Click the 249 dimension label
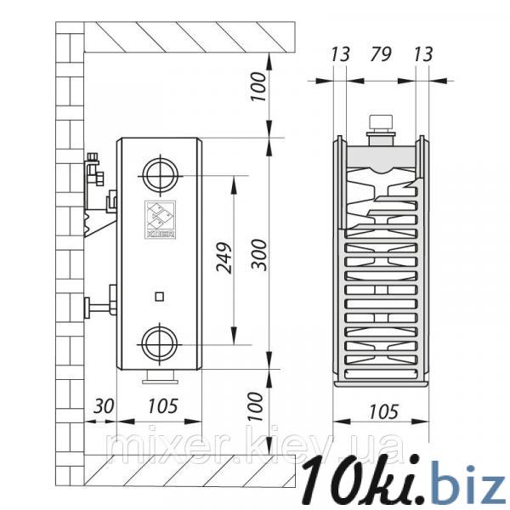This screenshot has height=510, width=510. tap(224, 258)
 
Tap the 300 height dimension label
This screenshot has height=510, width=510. tap(259, 255)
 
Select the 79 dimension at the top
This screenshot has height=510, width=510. tap(380, 54)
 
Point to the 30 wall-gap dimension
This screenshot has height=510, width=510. tap(104, 406)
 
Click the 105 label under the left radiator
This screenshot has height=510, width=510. tap(162, 406)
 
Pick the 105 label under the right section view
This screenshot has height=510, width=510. tap(383, 411)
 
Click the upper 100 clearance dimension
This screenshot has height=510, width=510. tap(259, 87)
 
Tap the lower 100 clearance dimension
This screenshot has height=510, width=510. tap(256, 406)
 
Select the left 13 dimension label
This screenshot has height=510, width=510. tap(340, 54)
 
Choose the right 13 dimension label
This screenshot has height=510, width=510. tap(423, 54)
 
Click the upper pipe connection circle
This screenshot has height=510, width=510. tap(160, 176)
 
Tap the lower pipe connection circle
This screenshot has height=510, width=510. tap(160, 344)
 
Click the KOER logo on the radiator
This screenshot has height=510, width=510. tap(161, 220)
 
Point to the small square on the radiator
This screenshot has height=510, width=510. tap(159, 297)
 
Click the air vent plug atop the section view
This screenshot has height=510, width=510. tap(381, 130)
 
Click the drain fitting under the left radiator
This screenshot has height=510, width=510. tap(160, 377)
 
